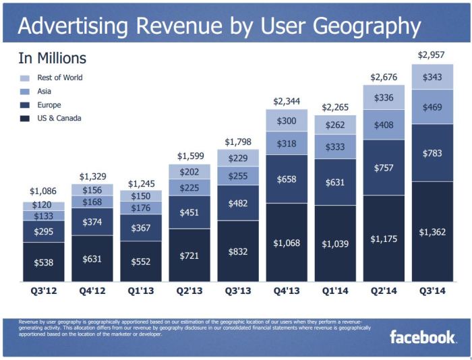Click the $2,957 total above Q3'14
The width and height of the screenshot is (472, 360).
click(432, 55)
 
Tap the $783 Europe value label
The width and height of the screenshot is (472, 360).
click(432, 153)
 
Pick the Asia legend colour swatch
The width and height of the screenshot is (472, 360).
click(25, 92)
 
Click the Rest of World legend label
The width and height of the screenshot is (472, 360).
click(59, 78)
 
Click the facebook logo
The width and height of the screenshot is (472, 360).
click(423, 336)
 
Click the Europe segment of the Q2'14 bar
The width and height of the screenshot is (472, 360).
click(383, 167)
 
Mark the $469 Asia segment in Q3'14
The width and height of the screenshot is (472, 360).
click(432, 107)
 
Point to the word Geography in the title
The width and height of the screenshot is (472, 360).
click(360, 26)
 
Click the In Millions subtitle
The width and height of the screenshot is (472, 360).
click(52, 59)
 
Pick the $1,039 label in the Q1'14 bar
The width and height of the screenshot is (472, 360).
click(334, 243)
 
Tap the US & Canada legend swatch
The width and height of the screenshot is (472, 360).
click(25, 119)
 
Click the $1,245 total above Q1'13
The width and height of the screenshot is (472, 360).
click(141, 183)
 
